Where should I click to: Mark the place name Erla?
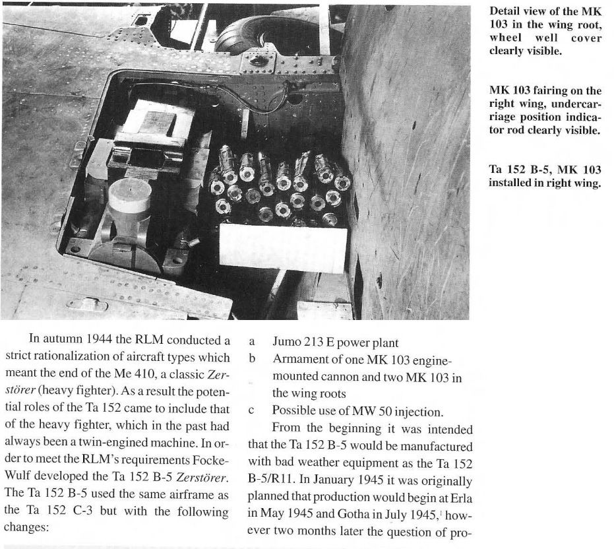456,494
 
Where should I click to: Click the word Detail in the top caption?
504,12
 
